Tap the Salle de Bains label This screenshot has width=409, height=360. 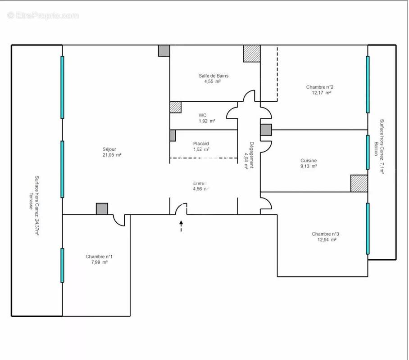point(213,76)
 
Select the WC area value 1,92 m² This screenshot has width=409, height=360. point(207,121)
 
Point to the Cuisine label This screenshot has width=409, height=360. point(309,161)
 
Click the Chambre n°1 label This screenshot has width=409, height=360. point(99,256)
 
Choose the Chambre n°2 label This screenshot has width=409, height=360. point(319,87)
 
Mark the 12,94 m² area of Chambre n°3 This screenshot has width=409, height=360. point(327,240)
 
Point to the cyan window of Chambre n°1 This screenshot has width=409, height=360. point(62,265)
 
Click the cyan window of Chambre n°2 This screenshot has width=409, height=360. point(368,84)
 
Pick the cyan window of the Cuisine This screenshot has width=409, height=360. point(368,152)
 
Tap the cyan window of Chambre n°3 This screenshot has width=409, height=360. point(368,229)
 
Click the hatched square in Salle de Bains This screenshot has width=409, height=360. point(251,54)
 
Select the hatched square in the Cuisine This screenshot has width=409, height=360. point(359,183)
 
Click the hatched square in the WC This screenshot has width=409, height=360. point(175,107)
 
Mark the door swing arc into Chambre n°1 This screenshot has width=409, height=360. point(119,220)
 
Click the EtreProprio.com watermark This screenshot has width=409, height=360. point(43,16)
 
